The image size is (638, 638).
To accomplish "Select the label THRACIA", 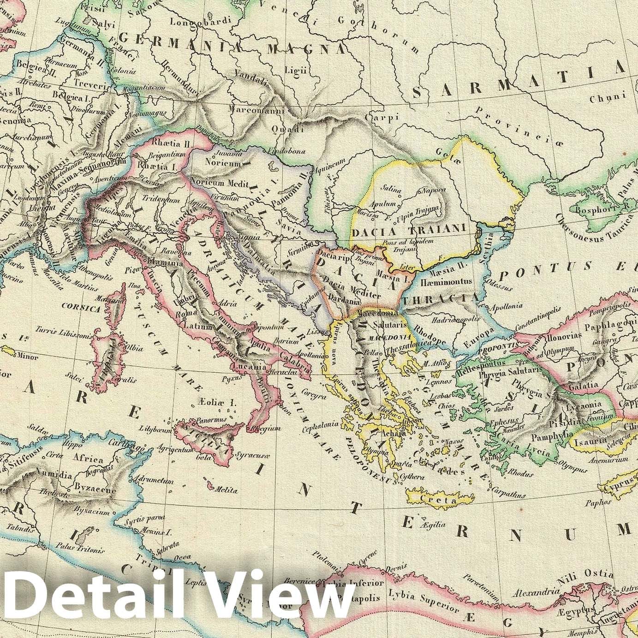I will point(441,298).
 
